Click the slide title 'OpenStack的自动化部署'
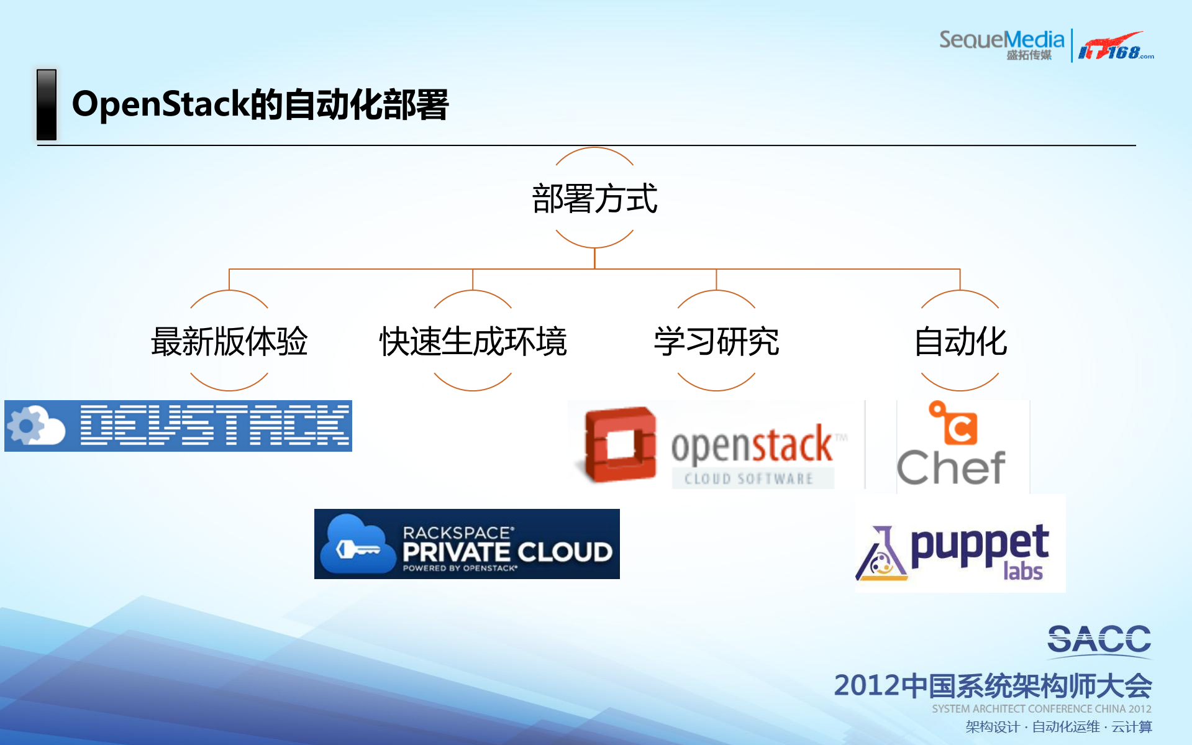pos(260,104)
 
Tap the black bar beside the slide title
pos(47,104)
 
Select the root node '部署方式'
pos(594,199)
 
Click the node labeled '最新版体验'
pos(229,341)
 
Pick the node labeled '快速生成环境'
pos(473,341)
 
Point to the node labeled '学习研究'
pos(716,341)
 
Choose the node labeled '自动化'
pos(960,341)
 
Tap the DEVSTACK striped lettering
pos(214,426)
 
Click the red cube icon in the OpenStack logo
pos(620,444)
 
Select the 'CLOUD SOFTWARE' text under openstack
pos(749,478)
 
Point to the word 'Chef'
pos(951,468)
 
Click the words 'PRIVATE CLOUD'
pos(507,552)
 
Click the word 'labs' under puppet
pos(1022,571)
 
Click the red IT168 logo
pos(1114,46)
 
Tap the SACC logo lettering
pos(1099,639)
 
